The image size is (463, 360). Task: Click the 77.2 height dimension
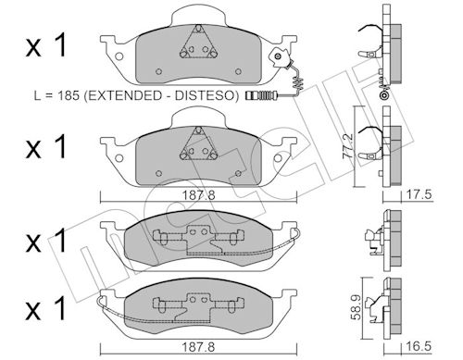(x=348, y=146)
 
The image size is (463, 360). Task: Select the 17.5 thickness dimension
(x=418, y=194)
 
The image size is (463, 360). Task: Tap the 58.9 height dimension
(x=357, y=307)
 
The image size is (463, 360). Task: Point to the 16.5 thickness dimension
(x=418, y=346)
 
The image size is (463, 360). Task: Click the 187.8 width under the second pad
(x=198, y=195)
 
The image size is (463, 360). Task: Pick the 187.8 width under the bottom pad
(x=198, y=347)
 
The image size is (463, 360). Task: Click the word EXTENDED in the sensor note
(x=126, y=95)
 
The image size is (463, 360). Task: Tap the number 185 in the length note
(x=69, y=95)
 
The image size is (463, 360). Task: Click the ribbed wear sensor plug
(x=261, y=95)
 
